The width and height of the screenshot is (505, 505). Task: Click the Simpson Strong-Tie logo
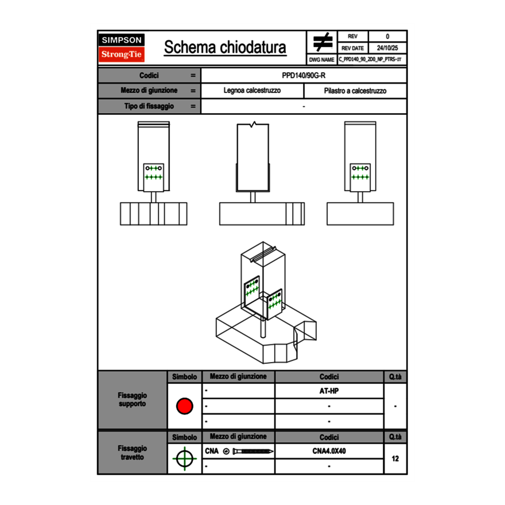(x=122, y=48)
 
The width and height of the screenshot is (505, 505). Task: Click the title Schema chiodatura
(x=225, y=48)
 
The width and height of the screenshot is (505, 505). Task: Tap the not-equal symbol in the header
(x=322, y=42)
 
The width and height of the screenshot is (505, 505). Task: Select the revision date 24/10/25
(x=387, y=48)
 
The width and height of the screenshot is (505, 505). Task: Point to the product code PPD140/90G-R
(x=304, y=75)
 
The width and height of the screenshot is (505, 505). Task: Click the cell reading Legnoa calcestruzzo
(x=252, y=91)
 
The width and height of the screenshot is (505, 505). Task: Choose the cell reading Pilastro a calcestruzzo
(x=355, y=91)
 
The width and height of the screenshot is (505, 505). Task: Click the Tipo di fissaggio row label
(x=149, y=106)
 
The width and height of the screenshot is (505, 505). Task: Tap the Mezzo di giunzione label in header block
(x=149, y=91)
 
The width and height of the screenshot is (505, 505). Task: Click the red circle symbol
(x=184, y=406)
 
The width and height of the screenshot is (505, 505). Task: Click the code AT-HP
(x=329, y=391)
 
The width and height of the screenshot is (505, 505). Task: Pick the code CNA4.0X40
(x=329, y=451)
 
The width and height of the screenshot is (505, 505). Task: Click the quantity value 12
(x=395, y=459)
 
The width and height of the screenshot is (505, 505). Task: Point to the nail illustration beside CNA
(x=253, y=452)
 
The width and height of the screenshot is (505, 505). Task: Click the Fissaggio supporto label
(x=132, y=399)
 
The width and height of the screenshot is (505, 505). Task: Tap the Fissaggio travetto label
(x=132, y=452)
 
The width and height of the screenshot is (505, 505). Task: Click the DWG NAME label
(x=321, y=60)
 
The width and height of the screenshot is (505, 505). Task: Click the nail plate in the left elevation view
(x=154, y=173)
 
